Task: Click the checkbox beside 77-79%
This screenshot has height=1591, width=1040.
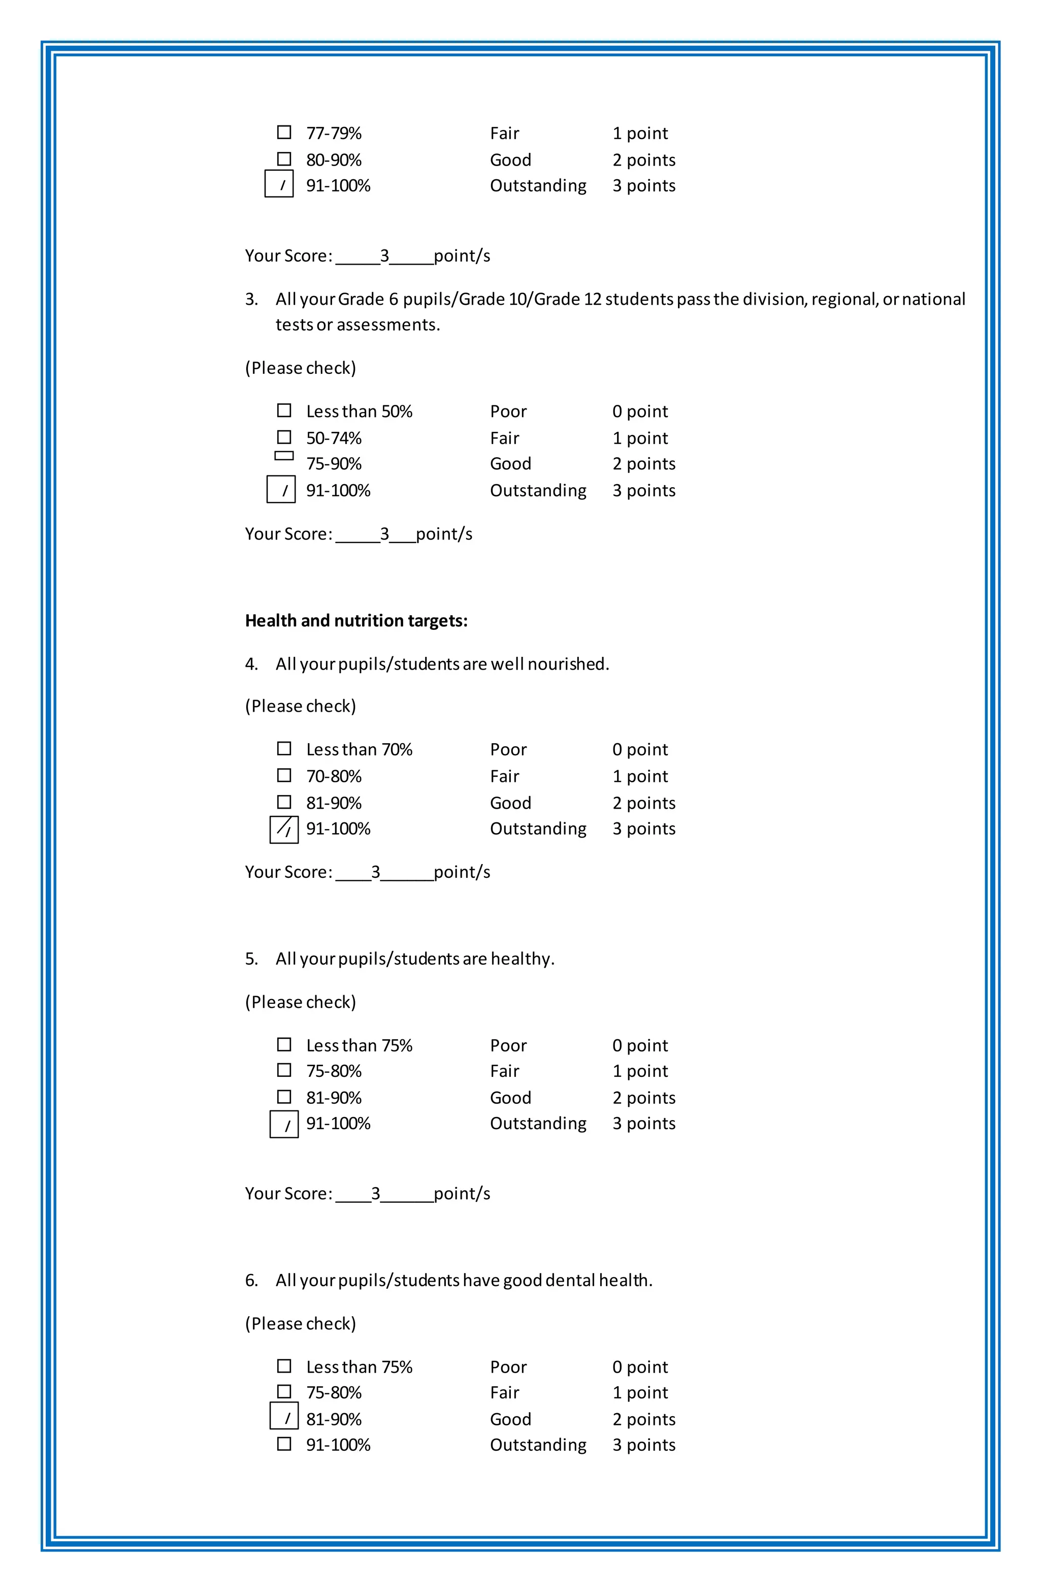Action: coord(284,133)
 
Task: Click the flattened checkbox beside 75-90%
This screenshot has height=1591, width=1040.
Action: coord(284,456)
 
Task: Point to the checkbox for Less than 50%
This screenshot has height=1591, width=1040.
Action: coord(284,410)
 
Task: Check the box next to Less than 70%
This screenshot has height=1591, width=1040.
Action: coord(284,749)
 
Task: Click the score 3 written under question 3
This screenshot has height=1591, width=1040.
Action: coord(384,533)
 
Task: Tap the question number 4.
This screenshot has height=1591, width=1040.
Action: coord(251,664)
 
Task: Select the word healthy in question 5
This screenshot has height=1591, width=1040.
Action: coord(522,959)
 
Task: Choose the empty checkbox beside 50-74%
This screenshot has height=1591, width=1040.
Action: coord(284,437)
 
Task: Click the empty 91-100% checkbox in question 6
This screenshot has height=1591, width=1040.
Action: coord(284,1444)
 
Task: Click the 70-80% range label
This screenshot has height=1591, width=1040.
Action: coord(334,776)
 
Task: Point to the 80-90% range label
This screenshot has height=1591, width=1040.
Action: coord(334,160)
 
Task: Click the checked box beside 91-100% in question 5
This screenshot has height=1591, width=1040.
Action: coord(284,1124)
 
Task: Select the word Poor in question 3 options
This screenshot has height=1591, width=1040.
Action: coord(508,411)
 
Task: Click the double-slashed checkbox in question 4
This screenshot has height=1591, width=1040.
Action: coord(284,830)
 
